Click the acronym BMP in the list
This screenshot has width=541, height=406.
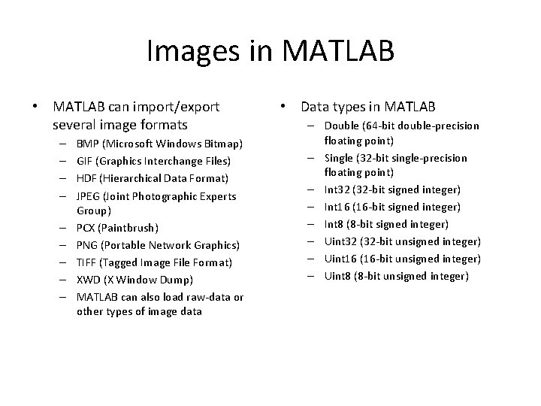[x=87, y=143]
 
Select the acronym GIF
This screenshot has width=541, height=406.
[x=84, y=160]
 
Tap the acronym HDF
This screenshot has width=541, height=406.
[x=86, y=178]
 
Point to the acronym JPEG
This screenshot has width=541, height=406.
[x=89, y=196]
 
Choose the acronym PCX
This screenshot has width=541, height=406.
[x=86, y=227]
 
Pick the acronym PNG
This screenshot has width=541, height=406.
[x=87, y=245]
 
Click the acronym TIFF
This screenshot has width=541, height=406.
[x=86, y=262]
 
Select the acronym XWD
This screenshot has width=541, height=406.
[x=88, y=280]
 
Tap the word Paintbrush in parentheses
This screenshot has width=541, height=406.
[x=131, y=227]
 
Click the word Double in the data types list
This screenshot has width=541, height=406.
[x=341, y=126]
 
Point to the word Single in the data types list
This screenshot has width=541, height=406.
[x=339, y=158]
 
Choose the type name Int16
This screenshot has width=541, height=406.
[x=337, y=207]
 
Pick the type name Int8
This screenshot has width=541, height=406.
[x=334, y=224]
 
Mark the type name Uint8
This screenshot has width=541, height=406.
[x=337, y=276]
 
